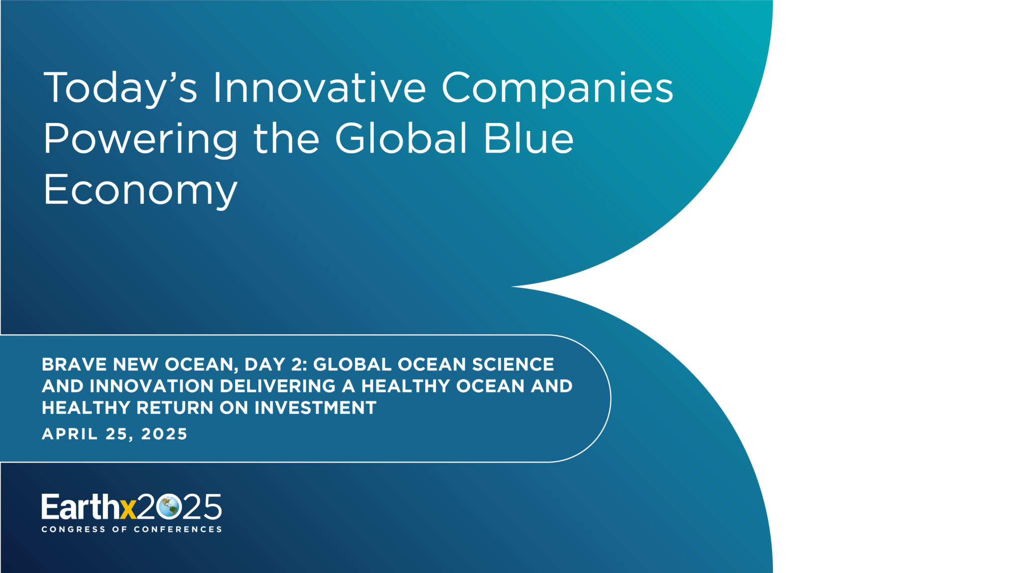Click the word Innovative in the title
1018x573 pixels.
point(320,88)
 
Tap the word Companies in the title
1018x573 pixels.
point(557,90)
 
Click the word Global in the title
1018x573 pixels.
point(401,138)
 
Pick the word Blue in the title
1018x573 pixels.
point(529,138)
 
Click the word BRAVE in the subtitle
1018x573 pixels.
point(74,364)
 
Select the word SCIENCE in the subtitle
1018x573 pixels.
point(513,364)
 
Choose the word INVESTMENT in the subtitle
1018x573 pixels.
point(316,408)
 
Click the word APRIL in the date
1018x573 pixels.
point(70,434)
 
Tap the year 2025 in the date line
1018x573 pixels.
point(164,434)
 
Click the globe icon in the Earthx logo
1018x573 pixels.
point(169,507)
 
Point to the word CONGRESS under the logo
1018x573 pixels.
point(74,529)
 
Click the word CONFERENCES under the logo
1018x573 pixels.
point(177,529)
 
